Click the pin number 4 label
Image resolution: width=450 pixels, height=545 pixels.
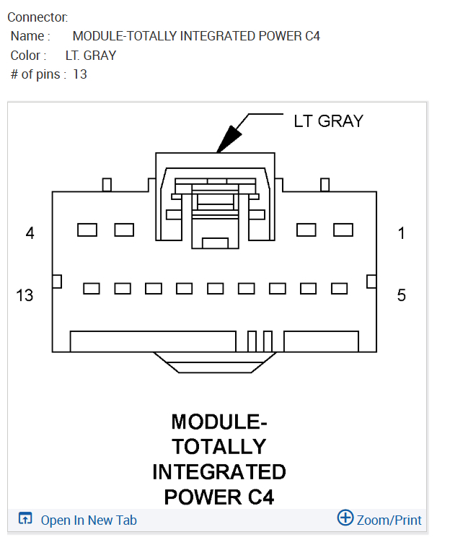[x=30, y=233]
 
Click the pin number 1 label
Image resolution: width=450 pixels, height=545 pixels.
[x=402, y=233]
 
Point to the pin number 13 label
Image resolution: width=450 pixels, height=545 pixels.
[x=25, y=295]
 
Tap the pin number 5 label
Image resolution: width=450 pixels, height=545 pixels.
[x=402, y=295]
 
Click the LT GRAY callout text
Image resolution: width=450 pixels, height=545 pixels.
[x=328, y=121]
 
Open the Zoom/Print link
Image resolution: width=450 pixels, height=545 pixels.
[x=389, y=520]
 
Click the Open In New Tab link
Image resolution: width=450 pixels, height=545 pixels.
[x=88, y=520]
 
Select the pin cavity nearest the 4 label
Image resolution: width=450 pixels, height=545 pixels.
[x=87, y=230]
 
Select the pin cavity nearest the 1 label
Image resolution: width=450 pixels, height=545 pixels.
[x=343, y=230]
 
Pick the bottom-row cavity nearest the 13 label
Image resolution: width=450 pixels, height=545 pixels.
[x=92, y=289]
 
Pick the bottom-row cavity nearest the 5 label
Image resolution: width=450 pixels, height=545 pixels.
[x=339, y=289]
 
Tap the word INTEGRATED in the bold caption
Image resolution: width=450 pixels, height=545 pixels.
[x=219, y=472]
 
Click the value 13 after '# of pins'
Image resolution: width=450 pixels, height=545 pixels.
[x=80, y=74]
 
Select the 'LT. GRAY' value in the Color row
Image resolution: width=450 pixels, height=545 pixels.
[x=91, y=55]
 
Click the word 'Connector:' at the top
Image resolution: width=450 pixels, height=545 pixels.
[x=37, y=17]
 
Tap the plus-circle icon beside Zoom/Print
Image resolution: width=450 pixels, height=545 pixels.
[x=345, y=518]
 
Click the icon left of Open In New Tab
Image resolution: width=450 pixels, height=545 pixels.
[x=25, y=519]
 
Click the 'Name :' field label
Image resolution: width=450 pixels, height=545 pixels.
[x=30, y=36]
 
